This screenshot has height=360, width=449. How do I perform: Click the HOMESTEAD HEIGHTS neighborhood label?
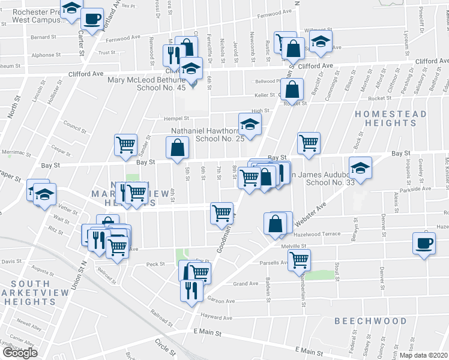pyautogui.click(x=390, y=118)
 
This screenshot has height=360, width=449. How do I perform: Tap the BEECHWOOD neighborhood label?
pyautogui.click(x=370, y=321)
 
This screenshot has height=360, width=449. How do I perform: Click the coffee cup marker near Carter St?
pyautogui.click(x=92, y=20)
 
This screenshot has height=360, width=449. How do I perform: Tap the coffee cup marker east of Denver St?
pyautogui.click(x=424, y=243)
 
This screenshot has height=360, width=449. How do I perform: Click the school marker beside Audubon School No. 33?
pyautogui.click(x=360, y=167)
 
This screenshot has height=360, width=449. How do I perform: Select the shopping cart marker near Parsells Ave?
pyautogui.click(x=299, y=260)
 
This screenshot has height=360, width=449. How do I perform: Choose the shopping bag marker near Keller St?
pyautogui.click(x=292, y=90)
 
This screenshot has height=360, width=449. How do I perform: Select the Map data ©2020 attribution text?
pyautogui.click(x=422, y=355)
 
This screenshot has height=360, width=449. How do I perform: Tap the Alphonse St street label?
pyautogui.click(x=43, y=55)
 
